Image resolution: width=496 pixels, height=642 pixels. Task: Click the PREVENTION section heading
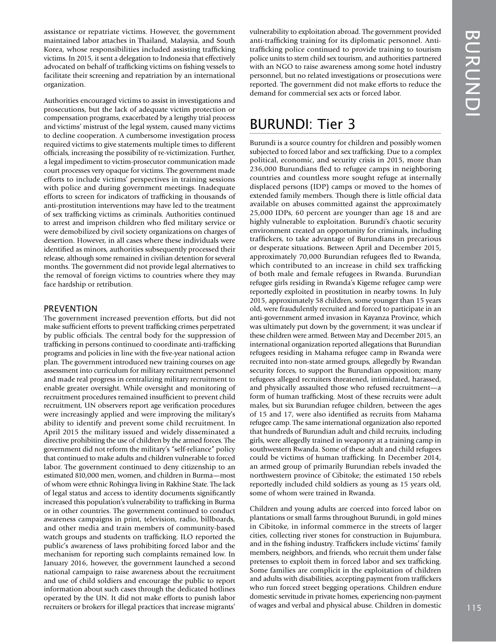pos(70,308)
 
